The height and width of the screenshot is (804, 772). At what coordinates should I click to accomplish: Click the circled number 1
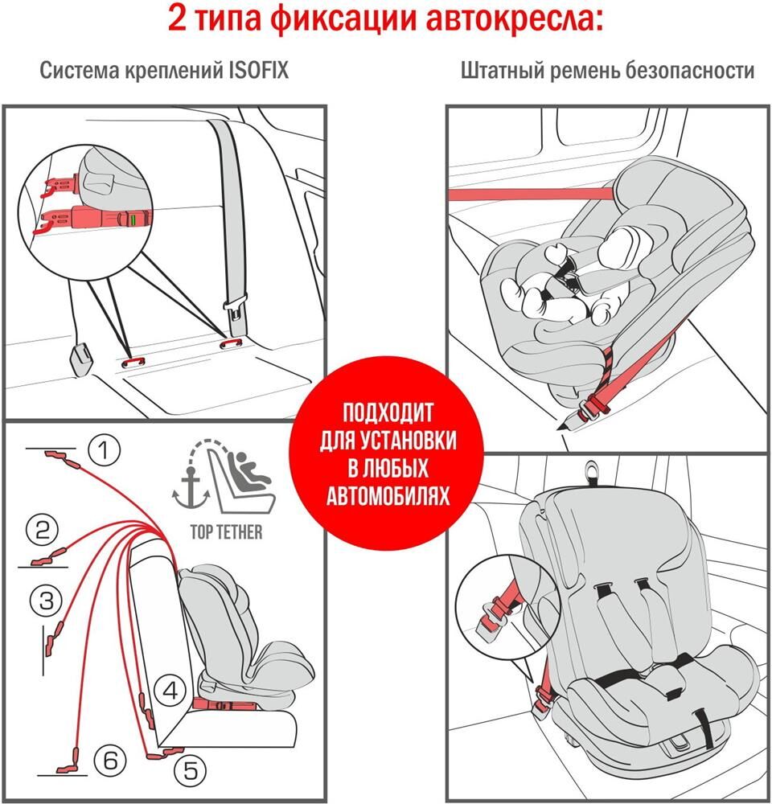point(103,451)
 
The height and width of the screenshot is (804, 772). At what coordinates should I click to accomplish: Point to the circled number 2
point(43,530)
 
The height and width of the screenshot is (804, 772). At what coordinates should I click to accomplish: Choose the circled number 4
point(170,689)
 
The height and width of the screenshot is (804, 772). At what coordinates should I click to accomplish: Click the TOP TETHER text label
point(226,532)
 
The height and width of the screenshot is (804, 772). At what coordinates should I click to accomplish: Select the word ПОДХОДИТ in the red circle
point(388,414)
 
